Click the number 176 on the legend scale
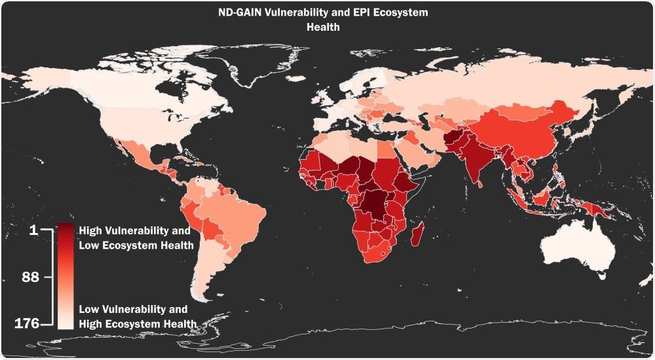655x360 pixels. [27, 323]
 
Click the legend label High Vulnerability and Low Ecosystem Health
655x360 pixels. [135, 238]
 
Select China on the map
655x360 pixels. [524, 131]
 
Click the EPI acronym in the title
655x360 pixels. [360, 12]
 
